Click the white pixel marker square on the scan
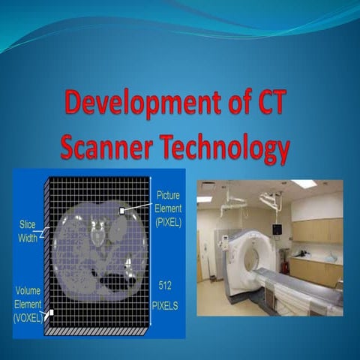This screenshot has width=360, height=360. (121, 211)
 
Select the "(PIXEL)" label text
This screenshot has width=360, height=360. (169, 222)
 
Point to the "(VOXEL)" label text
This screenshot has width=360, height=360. (29, 317)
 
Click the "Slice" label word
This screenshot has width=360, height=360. (29, 223)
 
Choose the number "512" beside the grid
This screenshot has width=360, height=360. (166, 286)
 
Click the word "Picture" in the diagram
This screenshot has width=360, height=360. (168, 196)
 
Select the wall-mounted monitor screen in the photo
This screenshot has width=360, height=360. (277, 229)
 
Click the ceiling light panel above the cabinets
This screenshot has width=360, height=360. (303, 184)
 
